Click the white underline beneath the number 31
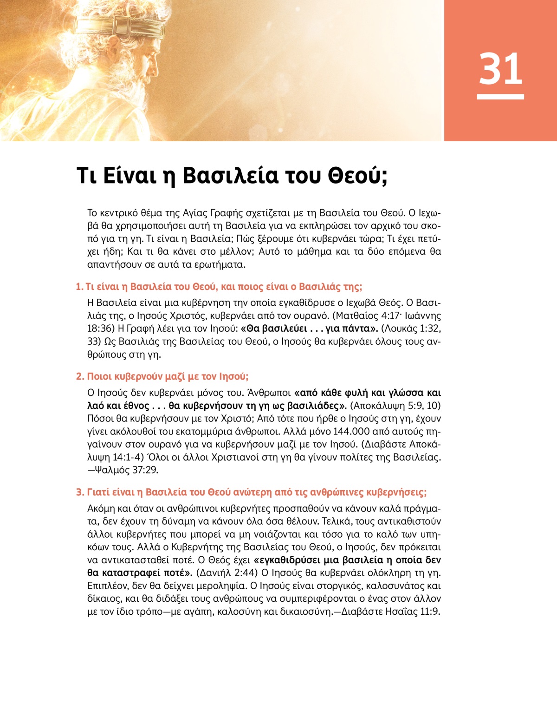click(500, 97)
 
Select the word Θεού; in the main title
click(357, 175)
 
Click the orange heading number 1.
click(79, 287)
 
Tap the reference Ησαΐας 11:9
click(412, 612)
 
